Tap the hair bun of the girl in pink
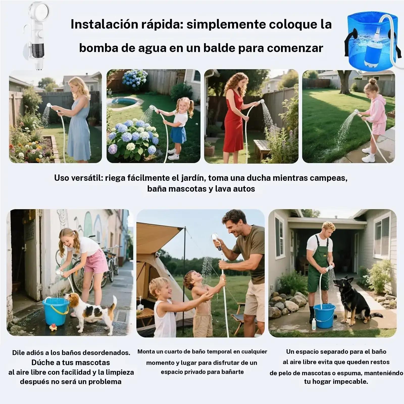[373, 81]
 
